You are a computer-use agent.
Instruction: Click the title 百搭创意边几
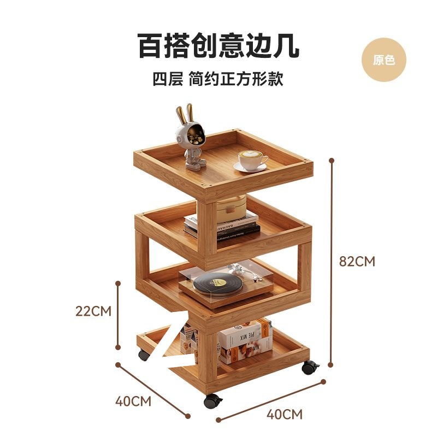218,46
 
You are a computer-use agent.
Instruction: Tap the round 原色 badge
384,60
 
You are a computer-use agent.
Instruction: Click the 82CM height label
357,261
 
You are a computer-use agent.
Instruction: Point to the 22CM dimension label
93,311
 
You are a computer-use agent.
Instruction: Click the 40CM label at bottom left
133,401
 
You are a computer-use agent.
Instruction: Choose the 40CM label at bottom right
284,414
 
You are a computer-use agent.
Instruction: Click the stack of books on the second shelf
221,225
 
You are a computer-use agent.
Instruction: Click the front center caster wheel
212,401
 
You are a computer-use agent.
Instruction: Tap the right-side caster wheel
309,367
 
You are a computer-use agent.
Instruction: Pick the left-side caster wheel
144,355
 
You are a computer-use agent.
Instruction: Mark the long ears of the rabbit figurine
185,114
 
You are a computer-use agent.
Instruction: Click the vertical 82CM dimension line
331,262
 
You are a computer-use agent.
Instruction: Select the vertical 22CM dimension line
119,315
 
